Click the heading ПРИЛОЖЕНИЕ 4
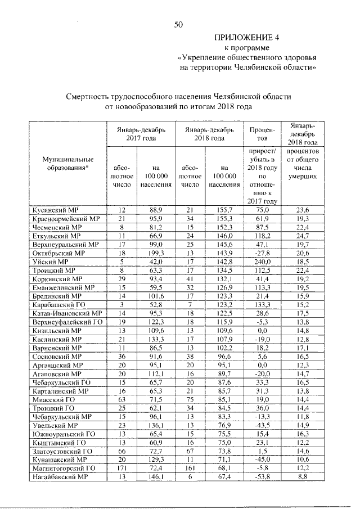(x=245, y=38)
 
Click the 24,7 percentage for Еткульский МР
(x=303, y=236)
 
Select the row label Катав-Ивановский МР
(x=66, y=314)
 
